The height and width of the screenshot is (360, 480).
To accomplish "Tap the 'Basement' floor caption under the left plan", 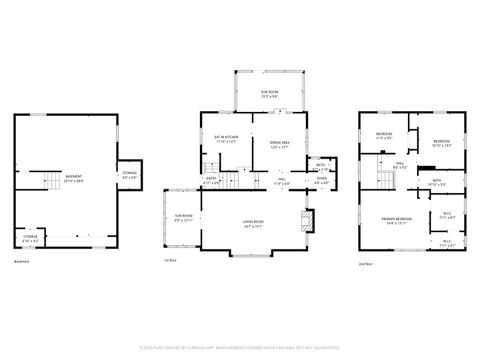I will [x=22, y=263].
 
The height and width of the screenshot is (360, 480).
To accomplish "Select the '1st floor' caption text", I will [x=170, y=263].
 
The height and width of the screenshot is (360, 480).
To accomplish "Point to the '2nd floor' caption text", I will [x=366, y=263].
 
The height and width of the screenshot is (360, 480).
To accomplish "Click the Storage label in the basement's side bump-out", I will [x=130, y=174].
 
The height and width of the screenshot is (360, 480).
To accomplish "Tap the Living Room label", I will [x=252, y=222].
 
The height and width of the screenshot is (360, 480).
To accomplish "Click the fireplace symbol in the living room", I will [x=309, y=219].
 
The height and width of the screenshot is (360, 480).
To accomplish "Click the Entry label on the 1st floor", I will [x=212, y=181].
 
